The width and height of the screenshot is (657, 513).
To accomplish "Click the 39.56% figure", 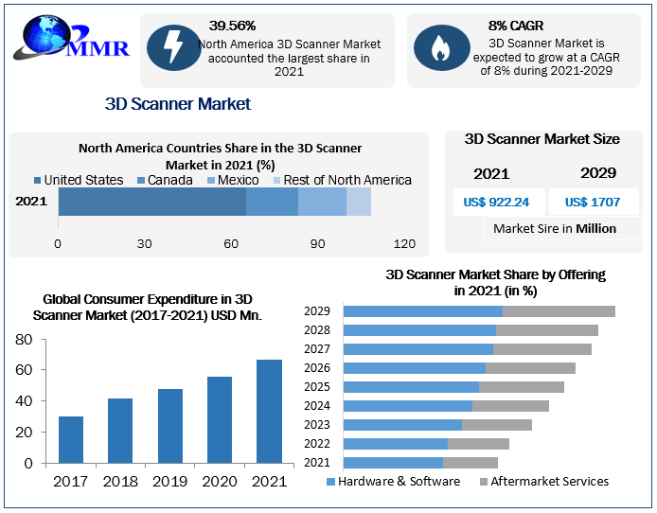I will [232, 26].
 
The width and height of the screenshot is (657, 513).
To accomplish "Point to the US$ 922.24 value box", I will [496, 202].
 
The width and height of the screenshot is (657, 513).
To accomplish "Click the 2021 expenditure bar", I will [269, 413].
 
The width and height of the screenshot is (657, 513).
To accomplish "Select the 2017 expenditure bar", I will [71, 441].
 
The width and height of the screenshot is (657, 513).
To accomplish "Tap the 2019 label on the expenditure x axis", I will [170, 482].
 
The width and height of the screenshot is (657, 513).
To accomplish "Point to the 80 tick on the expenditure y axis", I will [25, 340].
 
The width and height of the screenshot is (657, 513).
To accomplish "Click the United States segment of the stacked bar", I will [151, 202].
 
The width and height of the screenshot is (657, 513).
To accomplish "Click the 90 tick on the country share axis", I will [318, 244].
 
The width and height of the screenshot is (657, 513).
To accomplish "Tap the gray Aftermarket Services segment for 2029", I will [559, 311].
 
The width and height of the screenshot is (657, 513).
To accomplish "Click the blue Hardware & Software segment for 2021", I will [393, 463].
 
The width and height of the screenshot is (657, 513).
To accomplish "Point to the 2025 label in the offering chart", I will [317, 387].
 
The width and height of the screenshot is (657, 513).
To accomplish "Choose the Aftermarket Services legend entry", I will [544, 481].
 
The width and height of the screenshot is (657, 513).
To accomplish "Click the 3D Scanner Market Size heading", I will [542, 139].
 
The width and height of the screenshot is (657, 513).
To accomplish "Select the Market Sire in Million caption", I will [555, 228].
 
